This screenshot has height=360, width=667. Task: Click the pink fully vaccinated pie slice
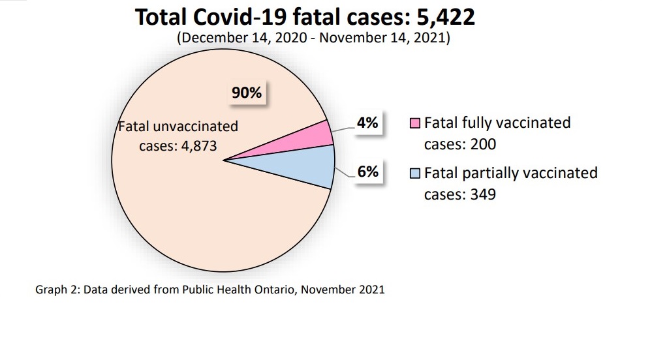(x=307, y=139)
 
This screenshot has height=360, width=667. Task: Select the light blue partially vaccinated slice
(x=307, y=166)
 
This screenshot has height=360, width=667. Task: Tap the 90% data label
(x=247, y=93)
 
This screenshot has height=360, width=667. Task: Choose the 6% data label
(x=367, y=172)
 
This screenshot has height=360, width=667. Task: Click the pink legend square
(x=415, y=123)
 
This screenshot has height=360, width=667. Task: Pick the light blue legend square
(x=415, y=173)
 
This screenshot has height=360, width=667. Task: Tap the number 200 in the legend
(x=483, y=144)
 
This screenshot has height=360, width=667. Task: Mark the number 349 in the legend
(x=483, y=194)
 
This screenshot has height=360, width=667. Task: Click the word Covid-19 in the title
(x=252, y=17)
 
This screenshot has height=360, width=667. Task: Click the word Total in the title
(x=161, y=17)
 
